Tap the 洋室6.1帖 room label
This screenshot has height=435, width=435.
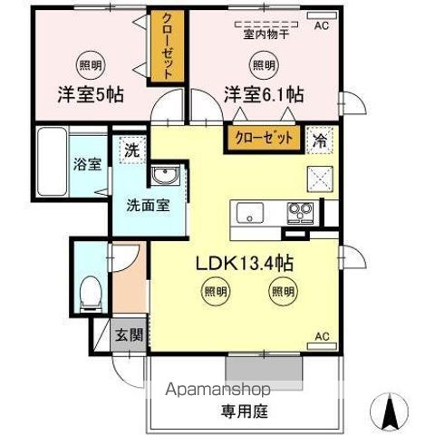point(265,93)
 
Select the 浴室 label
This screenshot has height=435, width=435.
point(86,166)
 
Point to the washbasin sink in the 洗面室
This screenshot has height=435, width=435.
point(165,176)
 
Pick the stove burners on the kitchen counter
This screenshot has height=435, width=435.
point(300,214)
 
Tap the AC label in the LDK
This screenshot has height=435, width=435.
point(322,337)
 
